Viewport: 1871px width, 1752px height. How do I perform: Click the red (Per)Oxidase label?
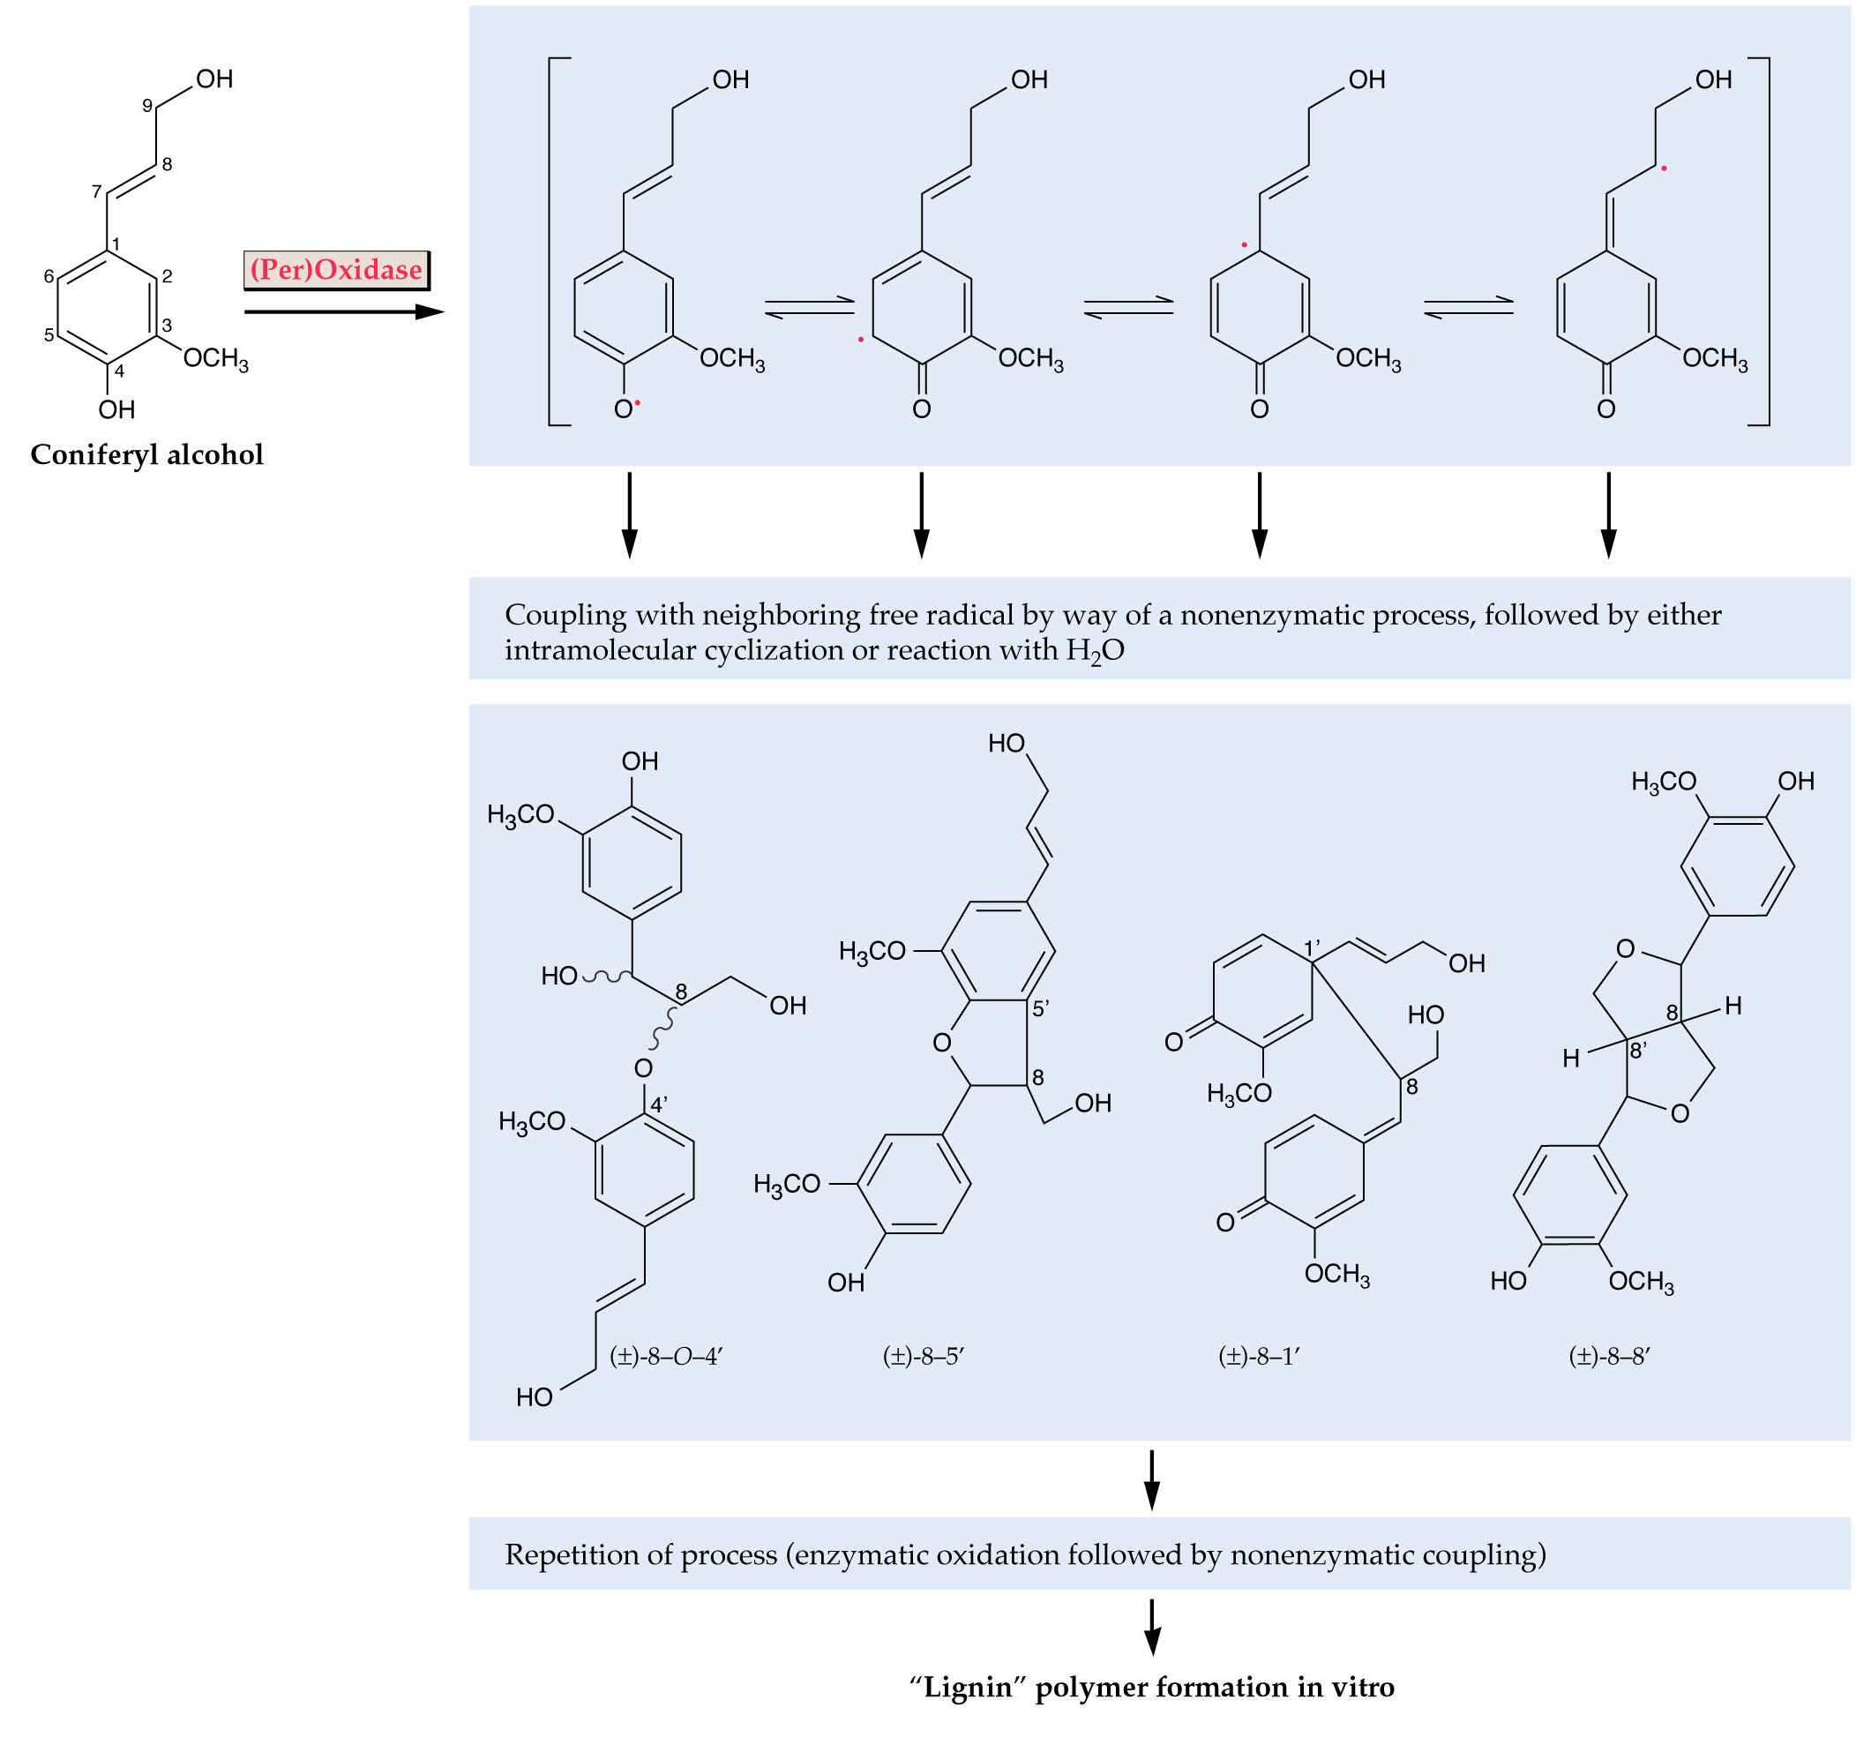pos(336,270)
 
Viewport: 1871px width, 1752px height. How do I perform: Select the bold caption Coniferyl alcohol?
pos(146,454)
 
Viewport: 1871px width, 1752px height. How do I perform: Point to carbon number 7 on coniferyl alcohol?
pos(97,191)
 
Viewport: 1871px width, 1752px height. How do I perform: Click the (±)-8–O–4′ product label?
pos(666,1357)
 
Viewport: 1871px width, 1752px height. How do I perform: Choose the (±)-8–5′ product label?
pos(924,1357)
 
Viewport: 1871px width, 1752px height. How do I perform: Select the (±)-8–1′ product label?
pos(1260,1357)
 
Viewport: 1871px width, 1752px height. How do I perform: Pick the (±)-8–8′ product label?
pos(1610,1357)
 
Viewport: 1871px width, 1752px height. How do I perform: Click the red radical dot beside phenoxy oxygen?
pos(637,403)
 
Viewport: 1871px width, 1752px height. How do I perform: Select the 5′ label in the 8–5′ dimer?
pos(1041,1008)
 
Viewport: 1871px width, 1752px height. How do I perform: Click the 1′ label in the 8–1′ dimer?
pos(1313,947)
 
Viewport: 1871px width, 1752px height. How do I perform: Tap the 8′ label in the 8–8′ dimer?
pos(1638,1050)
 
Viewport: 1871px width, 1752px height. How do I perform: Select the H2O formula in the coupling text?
pos(1096,650)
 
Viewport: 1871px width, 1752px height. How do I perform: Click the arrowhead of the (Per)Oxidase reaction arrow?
pos(430,311)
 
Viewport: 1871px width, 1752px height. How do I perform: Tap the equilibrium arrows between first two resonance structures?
pos(810,308)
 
